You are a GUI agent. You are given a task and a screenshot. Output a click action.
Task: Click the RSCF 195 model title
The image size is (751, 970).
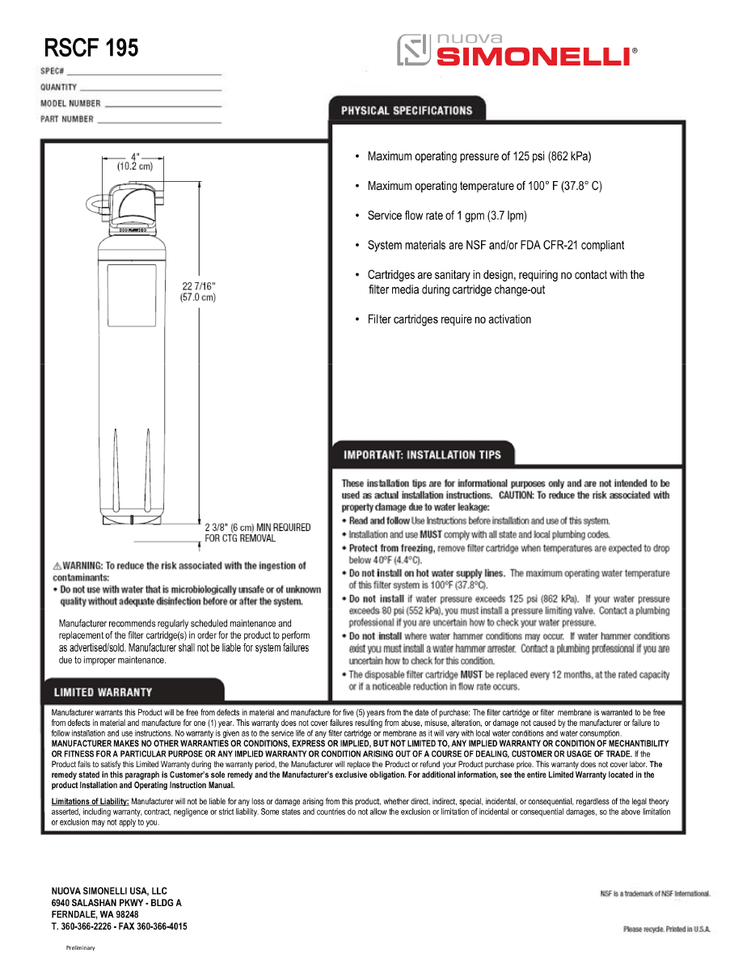91,48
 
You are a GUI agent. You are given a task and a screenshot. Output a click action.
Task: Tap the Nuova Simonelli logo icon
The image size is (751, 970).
412,50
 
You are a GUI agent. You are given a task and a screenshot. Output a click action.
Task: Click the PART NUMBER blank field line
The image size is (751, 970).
158,122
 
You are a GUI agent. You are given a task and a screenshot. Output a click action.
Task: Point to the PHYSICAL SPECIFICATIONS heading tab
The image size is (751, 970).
406,110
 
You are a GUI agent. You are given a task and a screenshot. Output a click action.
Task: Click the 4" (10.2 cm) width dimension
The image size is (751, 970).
135,162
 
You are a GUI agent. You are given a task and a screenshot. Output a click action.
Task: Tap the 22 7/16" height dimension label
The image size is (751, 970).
197,291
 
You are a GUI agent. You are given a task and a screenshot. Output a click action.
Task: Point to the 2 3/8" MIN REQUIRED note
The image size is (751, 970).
257,533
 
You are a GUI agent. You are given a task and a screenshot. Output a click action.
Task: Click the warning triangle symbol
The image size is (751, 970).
57,566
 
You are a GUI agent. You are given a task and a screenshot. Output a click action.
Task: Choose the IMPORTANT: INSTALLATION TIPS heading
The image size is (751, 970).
422,454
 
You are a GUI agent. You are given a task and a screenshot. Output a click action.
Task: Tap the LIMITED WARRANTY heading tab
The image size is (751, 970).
103,692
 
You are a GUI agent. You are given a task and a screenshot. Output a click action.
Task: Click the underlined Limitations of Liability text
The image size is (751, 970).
90,801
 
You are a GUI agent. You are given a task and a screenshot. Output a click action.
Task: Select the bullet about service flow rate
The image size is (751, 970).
447,216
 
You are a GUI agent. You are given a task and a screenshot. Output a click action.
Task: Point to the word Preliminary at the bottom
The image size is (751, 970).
80,947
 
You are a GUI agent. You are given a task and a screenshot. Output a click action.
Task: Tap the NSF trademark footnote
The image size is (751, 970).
655,893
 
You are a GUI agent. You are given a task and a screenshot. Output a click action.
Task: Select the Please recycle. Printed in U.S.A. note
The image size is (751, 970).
666,930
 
